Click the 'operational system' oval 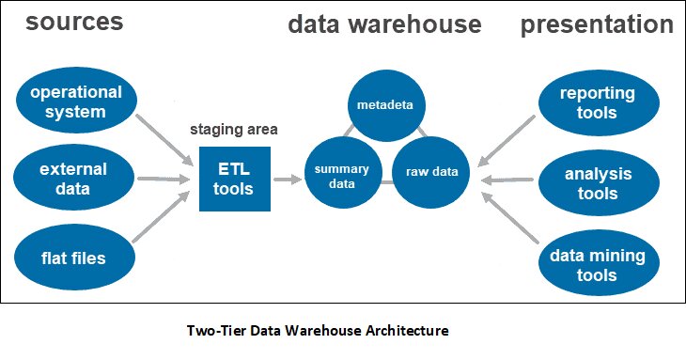point(75,103)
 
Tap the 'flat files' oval point(75,257)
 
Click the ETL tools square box point(234,179)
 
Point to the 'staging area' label point(234,129)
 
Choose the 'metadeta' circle point(383,102)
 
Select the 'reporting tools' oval point(597,103)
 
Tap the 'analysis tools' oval point(597,184)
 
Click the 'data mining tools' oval point(597,264)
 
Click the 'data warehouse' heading point(384,24)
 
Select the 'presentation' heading point(597,24)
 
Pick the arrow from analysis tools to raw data point(507,179)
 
